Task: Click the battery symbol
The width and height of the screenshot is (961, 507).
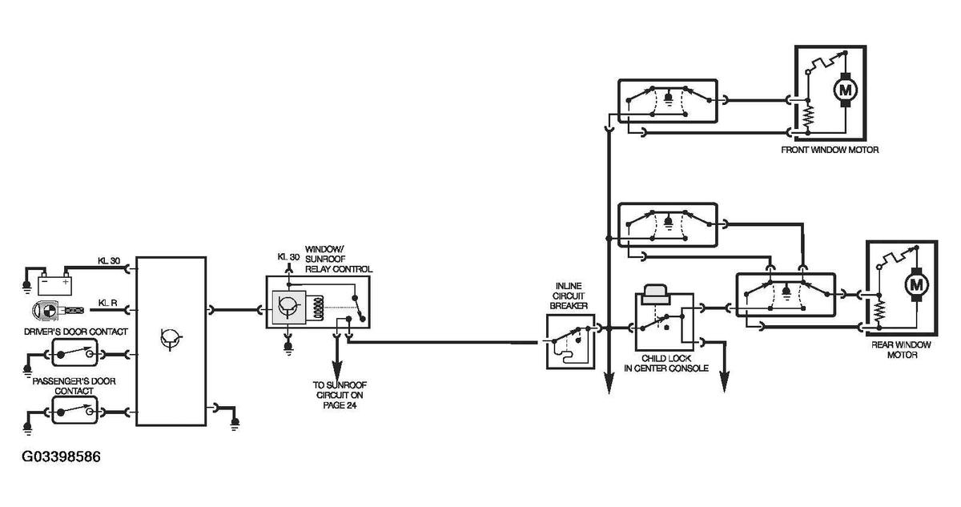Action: coord(55,284)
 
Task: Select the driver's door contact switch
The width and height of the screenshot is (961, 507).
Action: coord(75,352)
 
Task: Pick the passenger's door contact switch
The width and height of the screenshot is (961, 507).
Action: coord(75,410)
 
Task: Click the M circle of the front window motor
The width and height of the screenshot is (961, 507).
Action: coord(845,90)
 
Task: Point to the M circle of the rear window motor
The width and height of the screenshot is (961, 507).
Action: coord(916,284)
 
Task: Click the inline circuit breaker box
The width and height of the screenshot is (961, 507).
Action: coord(570,341)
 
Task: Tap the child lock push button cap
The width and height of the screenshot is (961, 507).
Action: coord(656,294)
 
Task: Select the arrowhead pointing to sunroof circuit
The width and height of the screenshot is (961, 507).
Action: coord(337,372)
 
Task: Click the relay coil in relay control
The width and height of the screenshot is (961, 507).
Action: coord(319,308)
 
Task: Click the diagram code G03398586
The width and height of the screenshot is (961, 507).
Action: coord(62,457)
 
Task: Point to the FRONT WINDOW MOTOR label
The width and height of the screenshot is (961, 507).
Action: coord(830,150)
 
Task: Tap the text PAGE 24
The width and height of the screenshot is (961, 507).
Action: coord(340,405)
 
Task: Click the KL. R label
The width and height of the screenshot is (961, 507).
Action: coord(107,303)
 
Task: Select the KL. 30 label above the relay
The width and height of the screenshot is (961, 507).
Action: coord(288,257)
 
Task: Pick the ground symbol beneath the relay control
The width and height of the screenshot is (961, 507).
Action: coord(288,348)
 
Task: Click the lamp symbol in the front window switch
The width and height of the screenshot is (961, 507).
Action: coord(668,99)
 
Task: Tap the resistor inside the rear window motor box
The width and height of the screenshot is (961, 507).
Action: coord(879,310)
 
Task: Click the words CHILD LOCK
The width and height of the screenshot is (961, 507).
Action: coord(666,358)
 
